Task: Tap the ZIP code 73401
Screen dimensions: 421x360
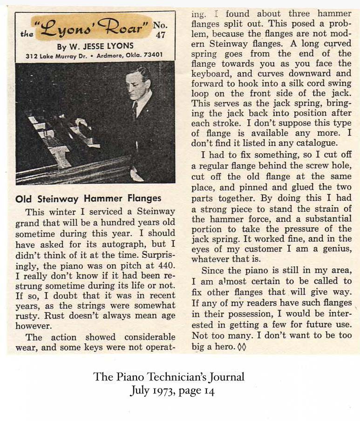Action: (151, 55)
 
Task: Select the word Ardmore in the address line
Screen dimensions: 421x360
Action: (103, 55)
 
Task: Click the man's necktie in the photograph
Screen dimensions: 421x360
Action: (134, 110)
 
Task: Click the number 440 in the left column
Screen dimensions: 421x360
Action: (165, 264)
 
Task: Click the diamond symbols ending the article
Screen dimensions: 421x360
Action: (242, 347)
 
